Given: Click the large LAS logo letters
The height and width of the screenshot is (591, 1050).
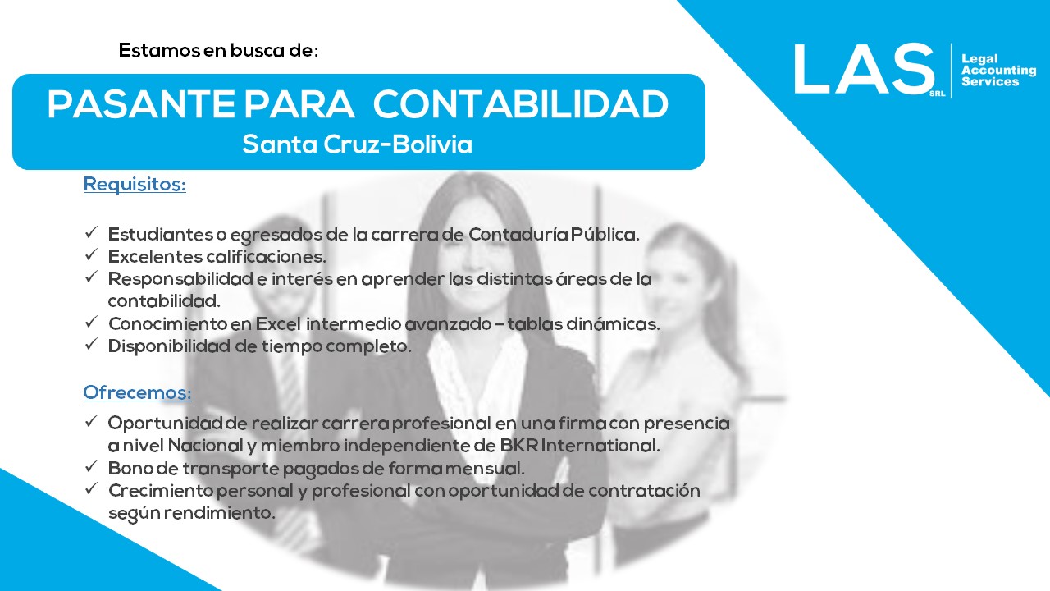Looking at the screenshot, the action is (x=864, y=69).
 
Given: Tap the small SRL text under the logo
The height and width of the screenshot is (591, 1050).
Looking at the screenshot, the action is (x=938, y=94).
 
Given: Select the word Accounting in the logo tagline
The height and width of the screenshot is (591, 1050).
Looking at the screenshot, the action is (x=999, y=71).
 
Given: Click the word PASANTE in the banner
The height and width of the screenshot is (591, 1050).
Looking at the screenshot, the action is (x=140, y=103).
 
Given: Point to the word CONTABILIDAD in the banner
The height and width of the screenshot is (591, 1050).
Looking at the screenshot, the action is (x=521, y=103).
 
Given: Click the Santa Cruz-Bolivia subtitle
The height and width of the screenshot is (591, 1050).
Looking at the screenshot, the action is (x=357, y=144).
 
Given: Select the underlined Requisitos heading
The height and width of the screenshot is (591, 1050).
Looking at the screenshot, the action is (x=135, y=184).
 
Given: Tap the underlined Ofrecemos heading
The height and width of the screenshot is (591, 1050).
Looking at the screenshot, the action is (x=137, y=392).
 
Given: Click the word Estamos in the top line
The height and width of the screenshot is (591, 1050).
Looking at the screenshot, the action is (x=159, y=50).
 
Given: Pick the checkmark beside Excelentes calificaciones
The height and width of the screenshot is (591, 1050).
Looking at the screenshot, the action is (x=91, y=254).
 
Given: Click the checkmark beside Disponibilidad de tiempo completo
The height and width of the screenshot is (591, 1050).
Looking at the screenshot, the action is (x=91, y=344).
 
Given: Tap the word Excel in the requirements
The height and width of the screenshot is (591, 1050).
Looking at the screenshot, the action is (x=278, y=323).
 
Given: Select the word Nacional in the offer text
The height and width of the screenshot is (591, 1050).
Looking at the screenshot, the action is (x=206, y=446).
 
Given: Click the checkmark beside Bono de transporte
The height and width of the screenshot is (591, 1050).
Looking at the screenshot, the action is (x=91, y=465).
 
